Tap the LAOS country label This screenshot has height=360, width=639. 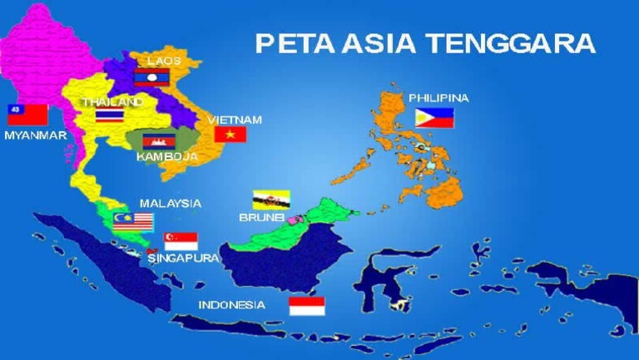[x=163, y=61]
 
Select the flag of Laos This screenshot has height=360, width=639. [x=151, y=77]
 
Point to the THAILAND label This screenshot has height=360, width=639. [x=112, y=101]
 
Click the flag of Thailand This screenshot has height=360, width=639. [x=109, y=116]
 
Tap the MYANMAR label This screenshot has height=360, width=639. [x=35, y=135]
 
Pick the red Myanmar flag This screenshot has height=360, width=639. [x=27, y=115]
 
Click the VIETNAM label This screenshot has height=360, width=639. [x=235, y=120]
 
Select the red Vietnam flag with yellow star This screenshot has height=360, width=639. [x=230, y=134]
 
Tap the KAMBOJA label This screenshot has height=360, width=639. [x=167, y=156]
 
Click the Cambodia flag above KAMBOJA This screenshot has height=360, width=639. [x=157, y=141]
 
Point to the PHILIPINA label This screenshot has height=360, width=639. [x=438, y=98]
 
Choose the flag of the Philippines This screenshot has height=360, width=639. [x=434, y=117]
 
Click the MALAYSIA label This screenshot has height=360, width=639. [x=171, y=203]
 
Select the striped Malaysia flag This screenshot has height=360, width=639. [x=134, y=220]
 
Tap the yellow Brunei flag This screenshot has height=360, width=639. [x=271, y=200]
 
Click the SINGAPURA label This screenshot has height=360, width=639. [x=184, y=258]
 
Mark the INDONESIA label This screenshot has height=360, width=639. [x=232, y=304]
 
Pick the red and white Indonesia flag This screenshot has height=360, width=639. [x=307, y=306]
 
